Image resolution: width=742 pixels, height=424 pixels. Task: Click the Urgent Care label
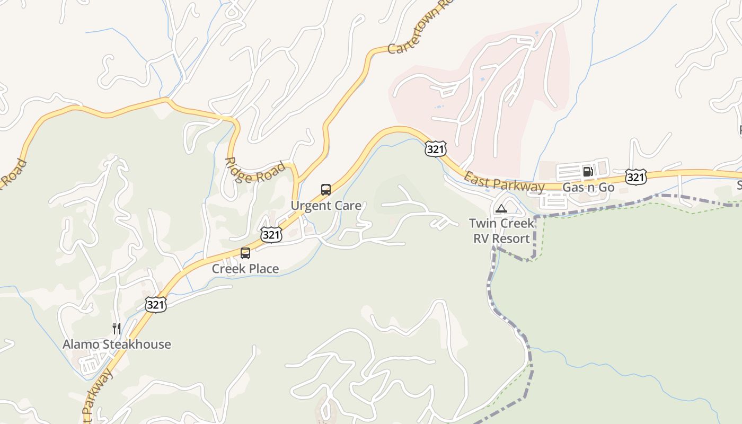pos(326,206)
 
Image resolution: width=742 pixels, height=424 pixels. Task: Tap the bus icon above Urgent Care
pos(326,190)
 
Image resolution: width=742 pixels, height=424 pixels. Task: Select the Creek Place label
pos(245,269)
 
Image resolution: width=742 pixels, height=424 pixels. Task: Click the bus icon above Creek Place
pos(245,253)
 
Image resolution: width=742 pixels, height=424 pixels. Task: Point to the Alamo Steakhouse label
pos(117,344)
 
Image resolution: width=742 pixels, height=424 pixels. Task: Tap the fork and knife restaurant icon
pos(117,329)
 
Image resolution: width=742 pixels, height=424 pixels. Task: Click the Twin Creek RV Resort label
pos(501,231)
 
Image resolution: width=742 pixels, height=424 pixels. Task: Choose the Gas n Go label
pos(588,188)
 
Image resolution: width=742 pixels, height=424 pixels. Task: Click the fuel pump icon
pos(588,171)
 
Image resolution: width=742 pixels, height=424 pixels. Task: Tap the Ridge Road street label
pos(255,171)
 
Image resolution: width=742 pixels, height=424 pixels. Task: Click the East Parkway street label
pos(503,182)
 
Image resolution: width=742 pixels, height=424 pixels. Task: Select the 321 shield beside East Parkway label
pos(435,149)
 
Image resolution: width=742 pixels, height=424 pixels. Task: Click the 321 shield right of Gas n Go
pos(635,176)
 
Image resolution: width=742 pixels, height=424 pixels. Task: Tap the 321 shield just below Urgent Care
pos(271,235)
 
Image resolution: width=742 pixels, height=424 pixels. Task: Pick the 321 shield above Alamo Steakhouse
pos(156,304)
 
